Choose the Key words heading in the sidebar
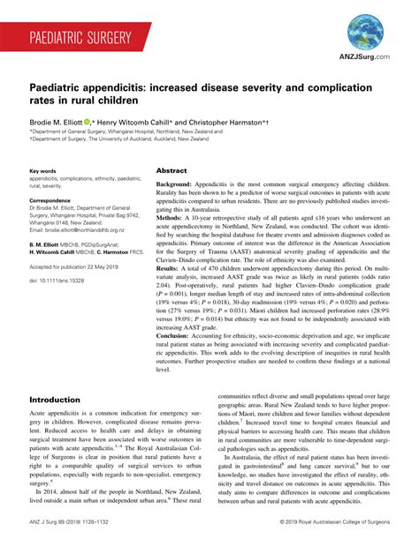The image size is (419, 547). pyautogui.click(x=43, y=170)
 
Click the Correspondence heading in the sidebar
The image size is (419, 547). pyautogui.click(x=54, y=200)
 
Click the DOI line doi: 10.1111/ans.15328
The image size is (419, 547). pyautogui.click(x=57, y=279)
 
